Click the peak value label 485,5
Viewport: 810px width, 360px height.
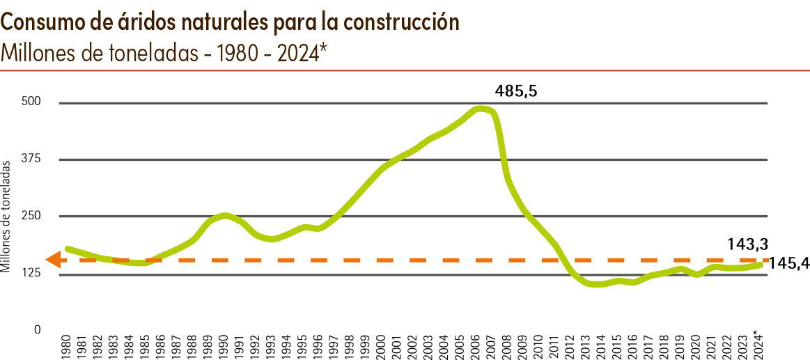click(x=516, y=91)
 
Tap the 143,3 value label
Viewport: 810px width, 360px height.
click(x=745, y=244)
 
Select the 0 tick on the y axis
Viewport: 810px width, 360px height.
click(x=38, y=329)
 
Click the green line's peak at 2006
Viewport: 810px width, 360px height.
click(x=478, y=109)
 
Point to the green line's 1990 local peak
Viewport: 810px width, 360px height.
click(x=224, y=215)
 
